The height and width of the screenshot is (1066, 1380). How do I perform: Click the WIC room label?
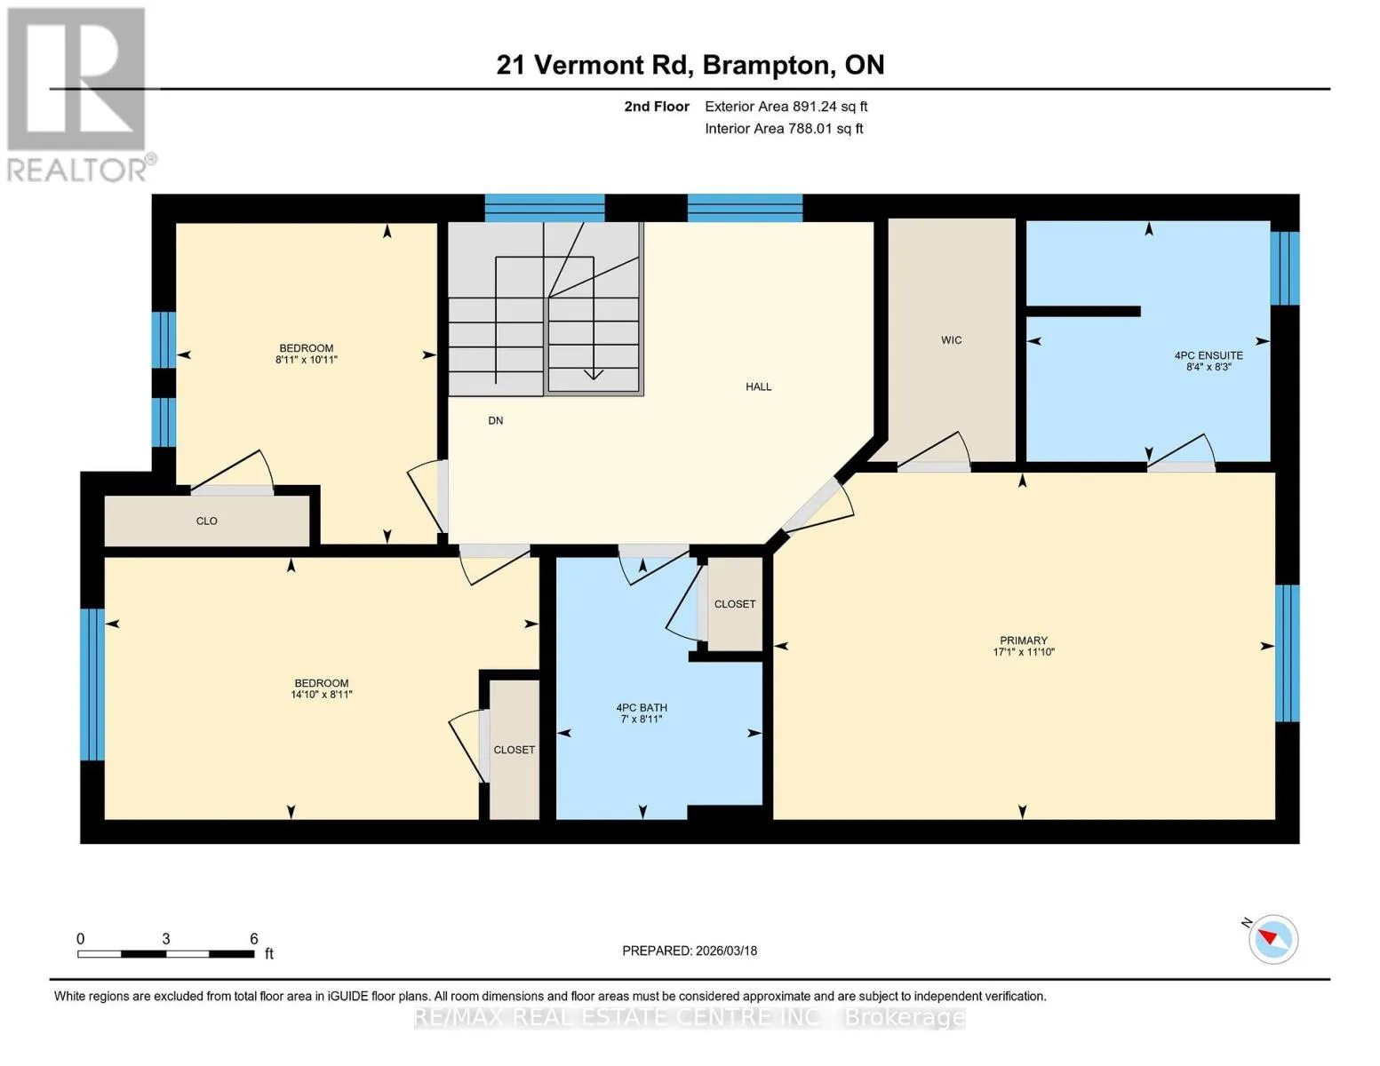click(x=951, y=340)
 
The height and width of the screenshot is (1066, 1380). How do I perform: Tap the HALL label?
click(x=758, y=386)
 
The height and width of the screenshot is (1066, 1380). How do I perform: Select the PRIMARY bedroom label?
click(x=1023, y=640)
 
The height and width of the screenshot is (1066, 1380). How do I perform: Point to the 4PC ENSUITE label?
click(x=1208, y=355)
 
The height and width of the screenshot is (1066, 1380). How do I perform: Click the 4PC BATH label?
click(x=642, y=708)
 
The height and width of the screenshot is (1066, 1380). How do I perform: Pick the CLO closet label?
click(x=206, y=521)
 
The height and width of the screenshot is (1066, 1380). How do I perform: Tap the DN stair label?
click(x=495, y=420)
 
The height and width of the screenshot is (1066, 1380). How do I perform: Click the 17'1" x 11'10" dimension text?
click(x=1024, y=652)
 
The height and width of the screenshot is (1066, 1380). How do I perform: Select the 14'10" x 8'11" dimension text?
click(x=322, y=695)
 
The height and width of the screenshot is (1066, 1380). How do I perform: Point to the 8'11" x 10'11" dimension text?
click(x=306, y=360)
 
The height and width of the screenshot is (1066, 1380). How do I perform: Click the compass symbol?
click(x=1272, y=940)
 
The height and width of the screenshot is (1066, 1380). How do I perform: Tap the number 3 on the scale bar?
click(x=166, y=939)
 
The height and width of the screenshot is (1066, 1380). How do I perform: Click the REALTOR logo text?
click(x=77, y=171)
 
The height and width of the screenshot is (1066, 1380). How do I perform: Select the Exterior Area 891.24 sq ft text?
click(x=786, y=107)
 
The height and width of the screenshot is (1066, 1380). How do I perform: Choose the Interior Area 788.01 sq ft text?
click(x=784, y=129)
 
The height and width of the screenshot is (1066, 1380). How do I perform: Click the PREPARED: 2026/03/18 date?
click(x=689, y=951)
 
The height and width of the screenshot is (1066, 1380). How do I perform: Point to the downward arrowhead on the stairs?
click(x=594, y=375)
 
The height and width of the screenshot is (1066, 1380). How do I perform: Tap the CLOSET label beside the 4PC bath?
click(x=735, y=604)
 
